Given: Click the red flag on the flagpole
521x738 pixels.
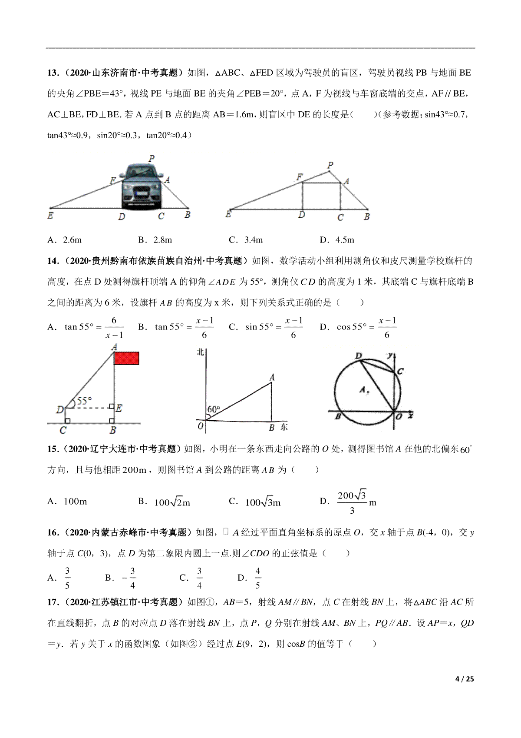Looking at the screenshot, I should point(126,358).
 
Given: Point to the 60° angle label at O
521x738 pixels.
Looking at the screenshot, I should point(214,409).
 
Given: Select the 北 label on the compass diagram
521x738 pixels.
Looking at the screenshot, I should point(200,352).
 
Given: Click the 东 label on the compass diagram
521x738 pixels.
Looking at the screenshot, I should point(284,427).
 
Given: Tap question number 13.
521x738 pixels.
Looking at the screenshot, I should point(53,73).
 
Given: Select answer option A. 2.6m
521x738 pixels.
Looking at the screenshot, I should point(65,240).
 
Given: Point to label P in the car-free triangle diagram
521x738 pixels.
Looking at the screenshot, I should point(330,165).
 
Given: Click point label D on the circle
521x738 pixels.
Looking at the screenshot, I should point(358,356).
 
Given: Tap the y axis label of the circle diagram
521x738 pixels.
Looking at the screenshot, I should point(391,355).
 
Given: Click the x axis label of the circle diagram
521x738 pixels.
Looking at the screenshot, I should point(410,416).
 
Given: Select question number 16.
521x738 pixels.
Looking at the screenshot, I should point(53,532).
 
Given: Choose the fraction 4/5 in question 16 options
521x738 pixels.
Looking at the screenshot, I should point(257,578).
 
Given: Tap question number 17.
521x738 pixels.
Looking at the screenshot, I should point(53,602).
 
